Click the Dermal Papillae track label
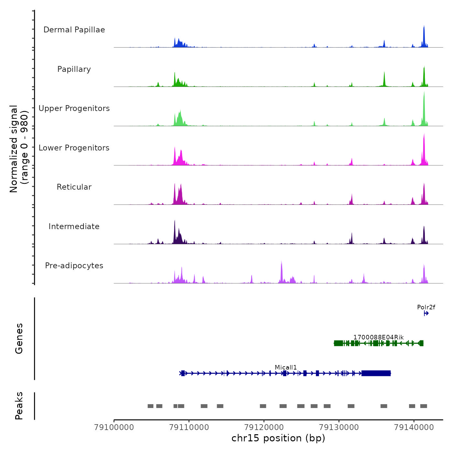(x=74, y=30)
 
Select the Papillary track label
(x=74, y=69)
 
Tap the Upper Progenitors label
(x=74, y=108)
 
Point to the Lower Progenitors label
(x=74, y=148)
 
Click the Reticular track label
(x=74, y=187)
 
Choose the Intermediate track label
(x=74, y=226)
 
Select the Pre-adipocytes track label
(x=74, y=266)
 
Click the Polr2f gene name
(x=426, y=307)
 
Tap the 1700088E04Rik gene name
(x=378, y=337)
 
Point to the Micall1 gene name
(x=286, y=367)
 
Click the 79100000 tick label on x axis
(x=114, y=427)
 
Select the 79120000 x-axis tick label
(x=264, y=427)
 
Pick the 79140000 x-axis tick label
(x=414, y=427)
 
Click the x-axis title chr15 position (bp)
(x=278, y=438)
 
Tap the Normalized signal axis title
(x=19, y=149)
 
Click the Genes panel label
(x=19, y=338)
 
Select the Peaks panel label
(x=19, y=406)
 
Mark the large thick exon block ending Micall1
(x=376, y=373)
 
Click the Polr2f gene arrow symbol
(x=426, y=313)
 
